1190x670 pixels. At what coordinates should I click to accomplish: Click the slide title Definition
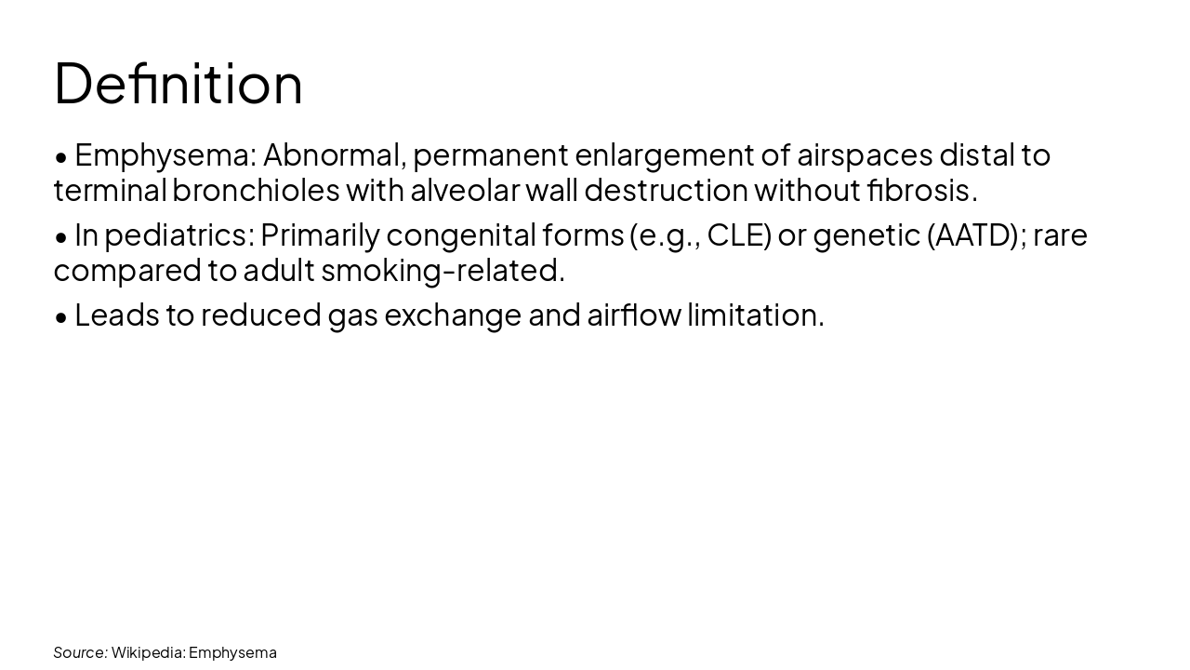pos(178,83)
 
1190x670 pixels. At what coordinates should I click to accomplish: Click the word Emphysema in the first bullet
pos(164,154)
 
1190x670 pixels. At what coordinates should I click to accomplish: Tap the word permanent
pos(490,154)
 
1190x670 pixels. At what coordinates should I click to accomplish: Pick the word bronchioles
pos(256,190)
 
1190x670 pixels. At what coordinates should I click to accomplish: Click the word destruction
pos(666,190)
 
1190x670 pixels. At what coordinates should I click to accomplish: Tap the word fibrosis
pos(920,190)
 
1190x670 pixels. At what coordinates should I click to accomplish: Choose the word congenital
pos(461,234)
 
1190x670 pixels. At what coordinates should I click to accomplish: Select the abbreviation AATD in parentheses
pos(973,234)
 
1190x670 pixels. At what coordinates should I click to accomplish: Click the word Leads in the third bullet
pos(117,315)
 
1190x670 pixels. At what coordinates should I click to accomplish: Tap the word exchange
pos(453,315)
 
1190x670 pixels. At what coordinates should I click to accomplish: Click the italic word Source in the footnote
pos(80,652)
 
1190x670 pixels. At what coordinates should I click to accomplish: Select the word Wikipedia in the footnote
pos(148,652)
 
